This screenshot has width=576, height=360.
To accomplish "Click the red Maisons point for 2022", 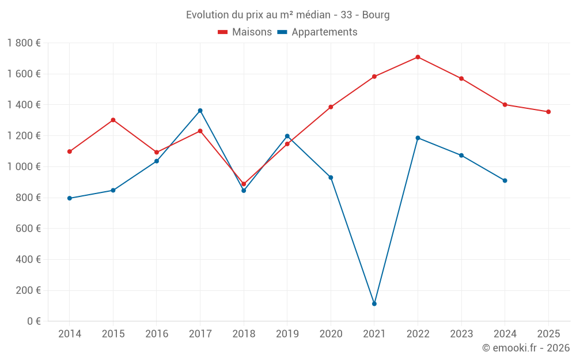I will (418, 57).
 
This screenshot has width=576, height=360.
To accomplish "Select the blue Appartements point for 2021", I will (374, 304).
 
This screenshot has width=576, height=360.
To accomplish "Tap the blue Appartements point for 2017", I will (200, 111).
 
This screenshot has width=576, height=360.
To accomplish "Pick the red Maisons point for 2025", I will (548, 112).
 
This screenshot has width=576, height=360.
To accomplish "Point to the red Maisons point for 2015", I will (113, 120).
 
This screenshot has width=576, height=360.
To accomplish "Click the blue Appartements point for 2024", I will (505, 180).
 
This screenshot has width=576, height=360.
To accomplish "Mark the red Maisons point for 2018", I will (244, 184).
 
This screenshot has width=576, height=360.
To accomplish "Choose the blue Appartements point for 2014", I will (70, 198).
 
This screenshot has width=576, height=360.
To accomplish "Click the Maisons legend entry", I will (245, 32).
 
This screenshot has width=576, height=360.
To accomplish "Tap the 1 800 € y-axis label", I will (24, 43).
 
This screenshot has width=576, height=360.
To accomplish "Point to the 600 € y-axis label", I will (28, 229).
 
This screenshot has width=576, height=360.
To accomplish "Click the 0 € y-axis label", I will (32, 321).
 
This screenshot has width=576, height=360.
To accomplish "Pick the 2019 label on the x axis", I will (287, 334).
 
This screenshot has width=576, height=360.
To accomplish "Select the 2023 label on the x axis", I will (461, 334).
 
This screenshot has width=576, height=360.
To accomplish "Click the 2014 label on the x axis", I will (70, 334).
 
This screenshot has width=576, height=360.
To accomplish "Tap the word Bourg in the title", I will (376, 15).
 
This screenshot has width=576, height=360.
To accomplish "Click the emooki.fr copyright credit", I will (526, 348).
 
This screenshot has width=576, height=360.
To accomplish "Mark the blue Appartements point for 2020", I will (331, 177).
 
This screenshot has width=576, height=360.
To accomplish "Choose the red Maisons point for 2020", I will (331, 107).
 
